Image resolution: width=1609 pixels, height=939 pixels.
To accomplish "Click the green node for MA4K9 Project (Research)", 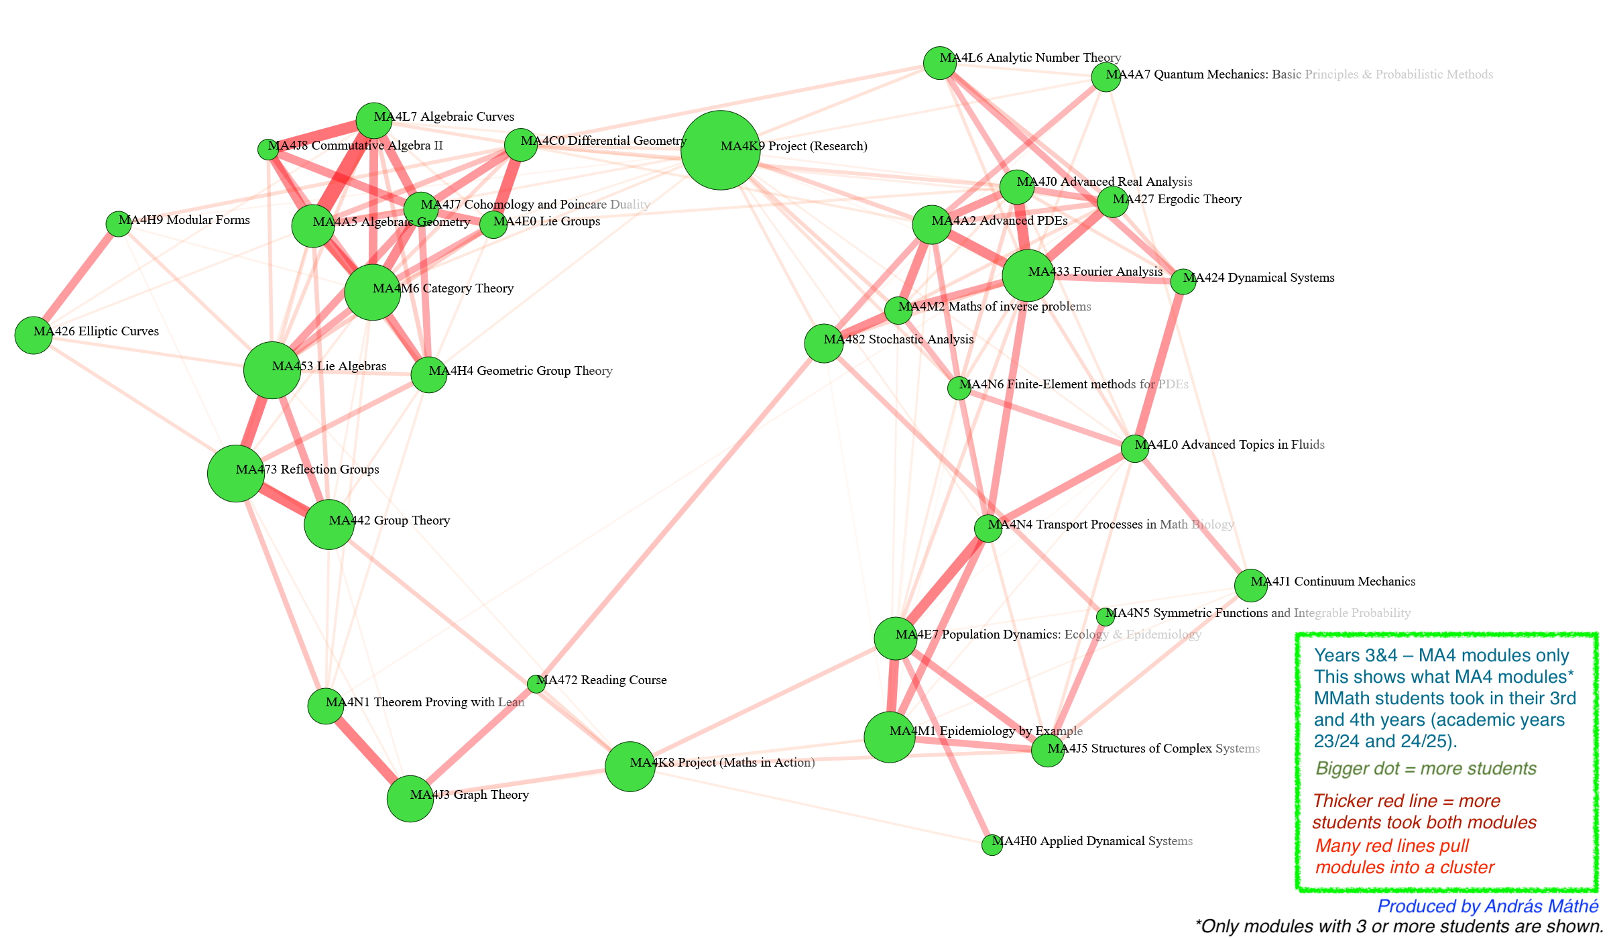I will coord(720,150).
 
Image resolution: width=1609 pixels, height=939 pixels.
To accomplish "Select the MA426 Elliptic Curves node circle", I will coord(34,335).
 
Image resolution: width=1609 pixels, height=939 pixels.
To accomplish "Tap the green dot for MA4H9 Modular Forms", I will coord(119,224).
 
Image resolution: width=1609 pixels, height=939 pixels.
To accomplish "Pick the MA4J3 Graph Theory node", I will coord(410,799).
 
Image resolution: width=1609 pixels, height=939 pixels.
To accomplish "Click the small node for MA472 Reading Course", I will coord(536,684).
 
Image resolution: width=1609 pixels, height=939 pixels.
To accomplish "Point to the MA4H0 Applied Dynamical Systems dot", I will coord(992,845).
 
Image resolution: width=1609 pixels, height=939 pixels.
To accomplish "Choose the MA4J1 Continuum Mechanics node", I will coord(1250,586).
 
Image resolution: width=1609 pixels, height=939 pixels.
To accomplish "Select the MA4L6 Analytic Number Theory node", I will coord(939,63).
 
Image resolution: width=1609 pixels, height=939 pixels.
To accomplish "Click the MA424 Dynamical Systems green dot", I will coord(1183,282).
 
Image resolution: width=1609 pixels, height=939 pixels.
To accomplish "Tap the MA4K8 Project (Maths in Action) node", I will coord(630,767).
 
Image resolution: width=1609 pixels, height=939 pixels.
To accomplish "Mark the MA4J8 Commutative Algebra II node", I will coord(268,150).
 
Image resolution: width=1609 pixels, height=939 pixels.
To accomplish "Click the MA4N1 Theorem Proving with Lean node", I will coord(325,706).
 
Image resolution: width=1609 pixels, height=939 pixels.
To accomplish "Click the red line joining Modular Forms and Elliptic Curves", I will coord(76,279).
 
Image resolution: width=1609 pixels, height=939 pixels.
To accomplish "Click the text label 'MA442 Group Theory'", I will coord(389,520).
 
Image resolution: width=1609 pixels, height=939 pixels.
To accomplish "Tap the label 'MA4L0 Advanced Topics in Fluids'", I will coord(1229,445).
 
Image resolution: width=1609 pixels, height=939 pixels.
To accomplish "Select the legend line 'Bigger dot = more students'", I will coord(1425,769).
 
